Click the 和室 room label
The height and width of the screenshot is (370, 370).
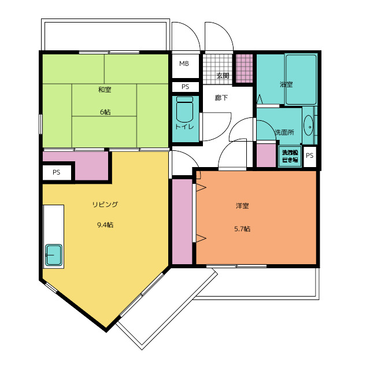pyautogui.click(x=105, y=90)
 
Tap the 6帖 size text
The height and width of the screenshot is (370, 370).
pyautogui.click(x=105, y=112)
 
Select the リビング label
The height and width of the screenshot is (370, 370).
pyautogui.click(x=105, y=204)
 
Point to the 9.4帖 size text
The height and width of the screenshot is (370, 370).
pyautogui.click(x=105, y=225)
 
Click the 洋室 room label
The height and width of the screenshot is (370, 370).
pyautogui.click(x=242, y=206)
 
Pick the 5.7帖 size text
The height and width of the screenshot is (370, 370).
pyautogui.click(x=242, y=229)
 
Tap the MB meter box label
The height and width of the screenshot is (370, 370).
pyautogui.click(x=184, y=64)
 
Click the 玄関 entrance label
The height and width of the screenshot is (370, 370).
pyautogui.click(x=223, y=76)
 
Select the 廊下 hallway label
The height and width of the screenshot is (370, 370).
pyautogui.click(x=221, y=98)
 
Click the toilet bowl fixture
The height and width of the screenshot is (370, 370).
pyautogui.click(x=184, y=109)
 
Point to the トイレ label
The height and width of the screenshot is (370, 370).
pyautogui.click(x=184, y=127)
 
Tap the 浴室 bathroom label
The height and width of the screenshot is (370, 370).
pyautogui.click(x=286, y=84)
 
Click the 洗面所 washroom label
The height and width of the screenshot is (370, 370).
pyautogui.click(x=284, y=132)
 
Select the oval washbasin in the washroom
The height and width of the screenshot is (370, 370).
pyautogui.click(x=308, y=126)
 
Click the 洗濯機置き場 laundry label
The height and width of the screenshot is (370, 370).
pyautogui.click(x=290, y=156)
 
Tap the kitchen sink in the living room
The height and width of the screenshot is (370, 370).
pyautogui.click(x=54, y=255)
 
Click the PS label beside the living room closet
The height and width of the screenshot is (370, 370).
pyautogui.click(x=57, y=172)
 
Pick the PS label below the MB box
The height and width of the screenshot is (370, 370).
pyautogui.click(x=185, y=87)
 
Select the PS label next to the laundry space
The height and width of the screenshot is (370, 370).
pyautogui.click(x=310, y=156)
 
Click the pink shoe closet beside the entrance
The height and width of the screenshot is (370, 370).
pyautogui.click(x=244, y=68)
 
